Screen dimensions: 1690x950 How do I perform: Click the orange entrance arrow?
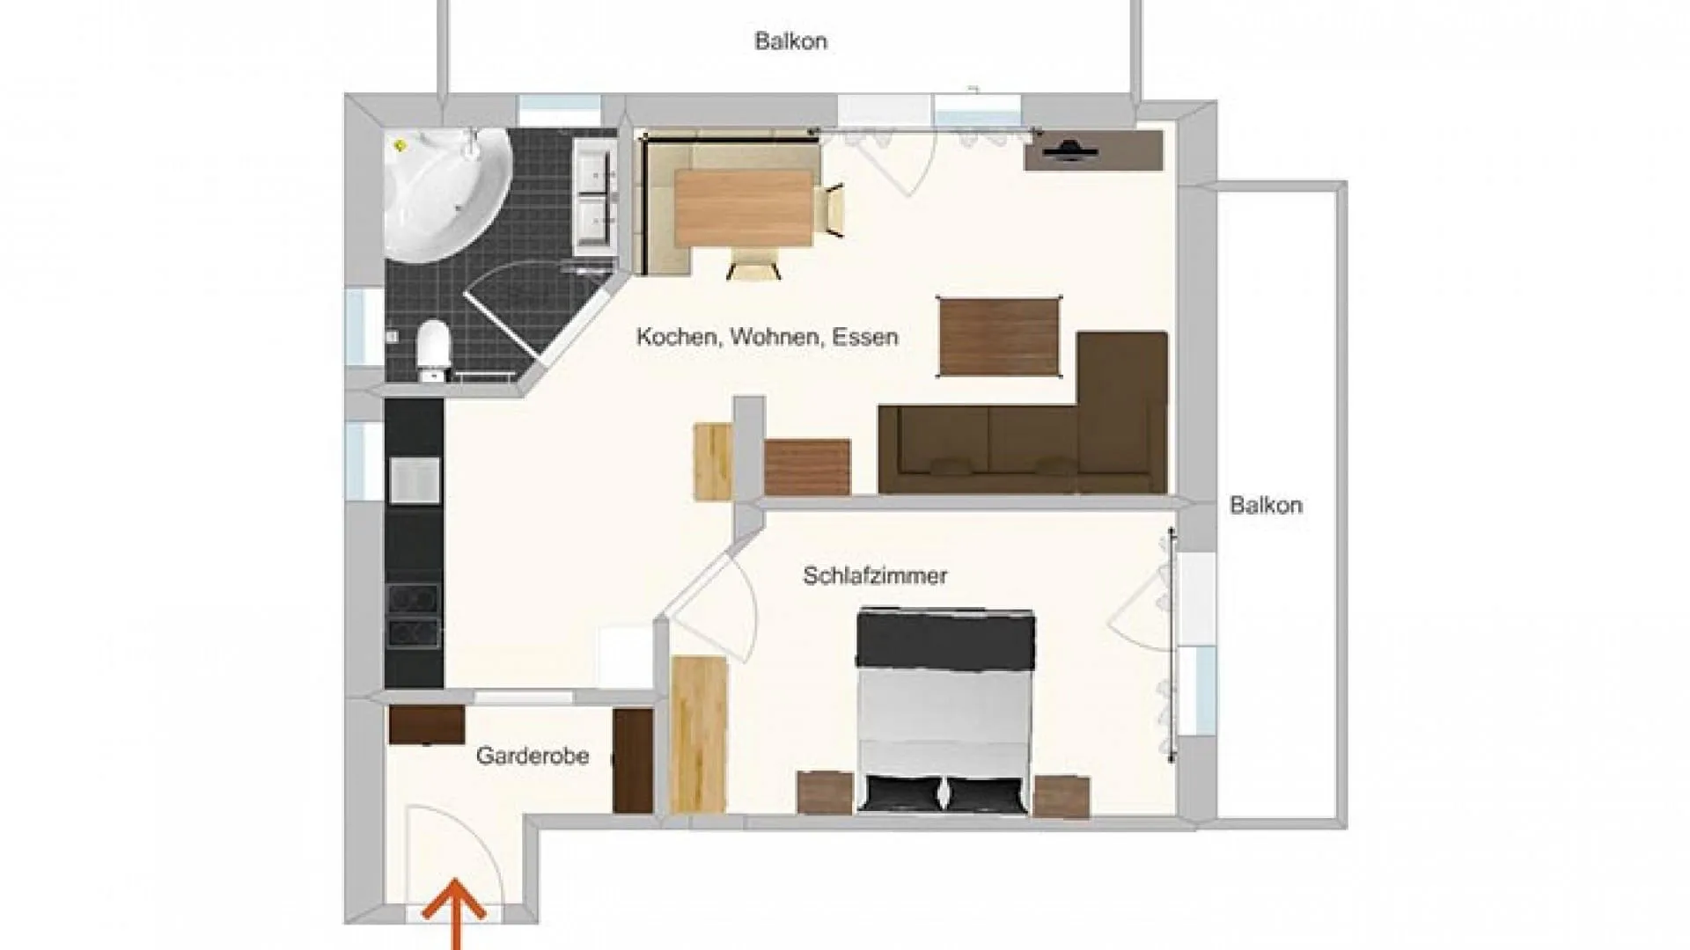coord(454,915)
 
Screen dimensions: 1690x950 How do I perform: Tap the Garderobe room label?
coord(533,756)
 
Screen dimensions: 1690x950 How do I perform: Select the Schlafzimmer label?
coord(875,575)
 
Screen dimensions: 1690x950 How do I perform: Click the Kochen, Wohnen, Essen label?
coord(768,337)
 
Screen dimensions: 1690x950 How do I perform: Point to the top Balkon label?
coord(790,41)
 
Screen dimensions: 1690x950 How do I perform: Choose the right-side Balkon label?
coord(1266,505)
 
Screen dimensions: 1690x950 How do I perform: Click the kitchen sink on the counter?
coord(415,480)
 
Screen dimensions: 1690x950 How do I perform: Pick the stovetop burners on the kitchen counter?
coord(414,616)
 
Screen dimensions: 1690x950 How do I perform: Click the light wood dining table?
coord(744,208)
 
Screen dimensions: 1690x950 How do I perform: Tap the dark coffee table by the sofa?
coord(999,337)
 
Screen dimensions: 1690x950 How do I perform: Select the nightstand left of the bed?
coord(825,793)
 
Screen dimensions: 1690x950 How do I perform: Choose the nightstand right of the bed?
coord(1062,796)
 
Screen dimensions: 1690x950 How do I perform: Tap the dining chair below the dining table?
coord(753,262)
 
